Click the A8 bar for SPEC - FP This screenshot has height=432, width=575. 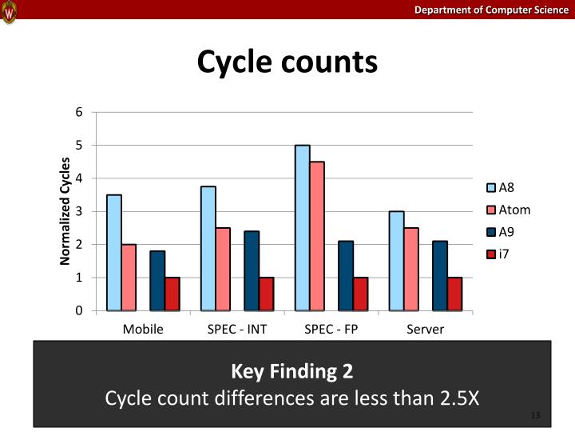click(x=303, y=228)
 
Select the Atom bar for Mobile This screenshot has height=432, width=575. click(x=129, y=278)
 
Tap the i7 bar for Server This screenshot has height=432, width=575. click(x=454, y=294)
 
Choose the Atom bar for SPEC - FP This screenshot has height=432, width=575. click(x=317, y=236)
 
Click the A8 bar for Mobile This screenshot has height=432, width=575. click(x=114, y=253)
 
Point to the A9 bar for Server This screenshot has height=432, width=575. click(x=440, y=275)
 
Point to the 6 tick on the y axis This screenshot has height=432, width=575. click(x=78, y=112)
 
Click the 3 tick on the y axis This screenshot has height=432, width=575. click(x=78, y=211)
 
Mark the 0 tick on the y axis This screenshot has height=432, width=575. click(x=78, y=310)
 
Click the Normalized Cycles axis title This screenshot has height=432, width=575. click(x=65, y=211)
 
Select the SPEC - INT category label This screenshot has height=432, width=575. click(x=237, y=329)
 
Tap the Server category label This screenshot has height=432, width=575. click(x=425, y=329)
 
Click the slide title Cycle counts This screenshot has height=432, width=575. click(x=287, y=61)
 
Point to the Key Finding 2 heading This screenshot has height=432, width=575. click(x=291, y=371)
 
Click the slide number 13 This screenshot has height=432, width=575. click(x=535, y=416)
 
